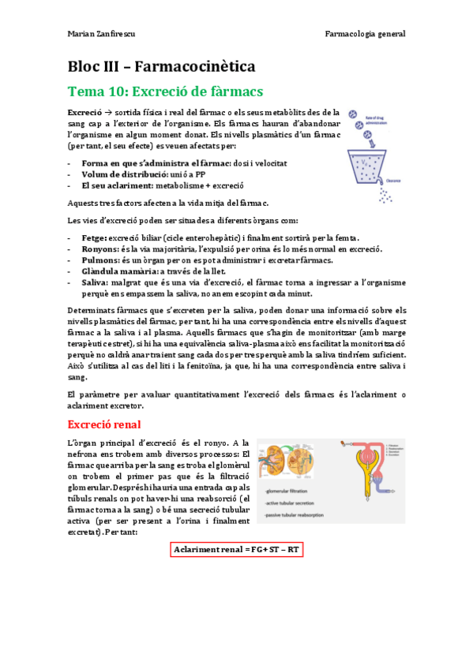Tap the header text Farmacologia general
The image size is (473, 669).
click(365, 34)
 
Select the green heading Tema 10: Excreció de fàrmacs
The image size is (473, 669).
click(165, 92)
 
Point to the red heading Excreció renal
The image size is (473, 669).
click(104, 424)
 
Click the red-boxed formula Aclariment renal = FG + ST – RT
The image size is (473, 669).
click(237, 548)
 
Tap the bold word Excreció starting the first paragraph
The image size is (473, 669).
click(84, 113)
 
